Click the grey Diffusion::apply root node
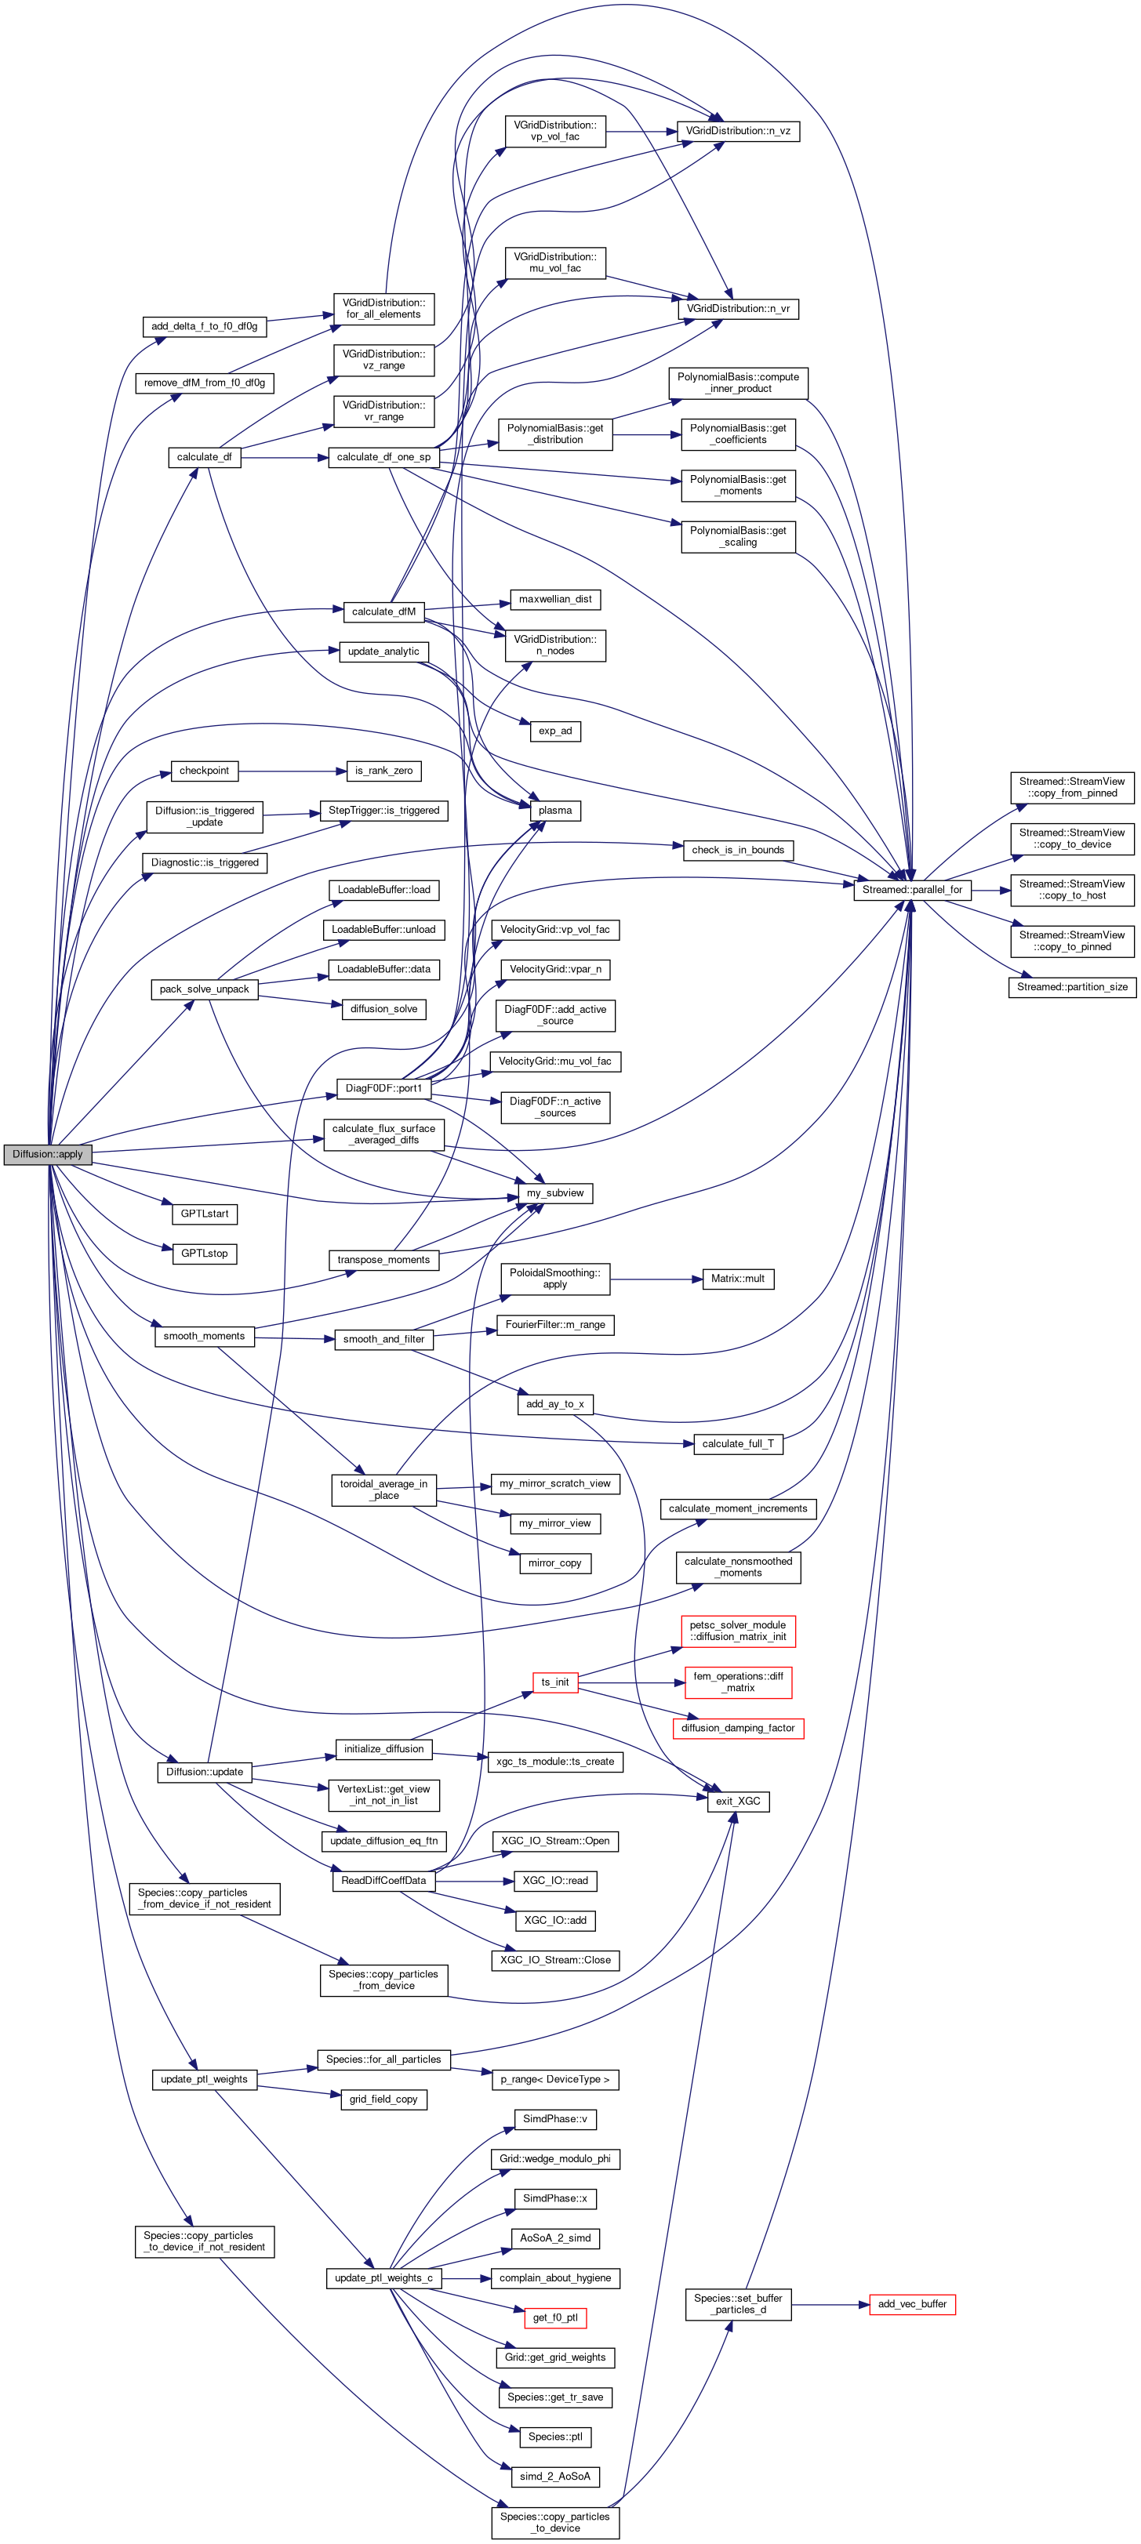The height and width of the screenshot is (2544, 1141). click(x=47, y=1153)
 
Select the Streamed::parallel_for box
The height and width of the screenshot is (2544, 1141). click(x=910, y=890)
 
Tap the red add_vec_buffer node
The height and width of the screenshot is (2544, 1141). click(x=912, y=2304)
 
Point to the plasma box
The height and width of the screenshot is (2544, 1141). click(x=555, y=810)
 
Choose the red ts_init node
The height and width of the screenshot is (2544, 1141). click(x=555, y=1682)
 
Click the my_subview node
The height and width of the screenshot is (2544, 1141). click(x=555, y=1193)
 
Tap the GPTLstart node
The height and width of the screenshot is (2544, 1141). click(x=205, y=1214)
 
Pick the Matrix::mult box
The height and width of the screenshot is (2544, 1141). click(x=738, y=1278)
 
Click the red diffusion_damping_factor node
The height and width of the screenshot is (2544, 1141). click(x=738, y=1727)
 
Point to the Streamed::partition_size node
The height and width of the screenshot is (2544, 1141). click(x=1072, y=986)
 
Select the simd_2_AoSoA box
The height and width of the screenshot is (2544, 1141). click(x=555, y=2476)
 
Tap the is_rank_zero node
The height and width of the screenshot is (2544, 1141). click(x=383, y=771)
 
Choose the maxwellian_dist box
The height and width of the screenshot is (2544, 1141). click(x=555, y=600)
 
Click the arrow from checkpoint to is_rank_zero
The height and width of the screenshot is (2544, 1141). click(x=292, y=771)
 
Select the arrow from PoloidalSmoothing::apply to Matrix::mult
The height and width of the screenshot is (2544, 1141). click(x=654, y=1279)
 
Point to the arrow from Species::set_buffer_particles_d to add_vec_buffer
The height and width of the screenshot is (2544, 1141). click(x=830, y=2305)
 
